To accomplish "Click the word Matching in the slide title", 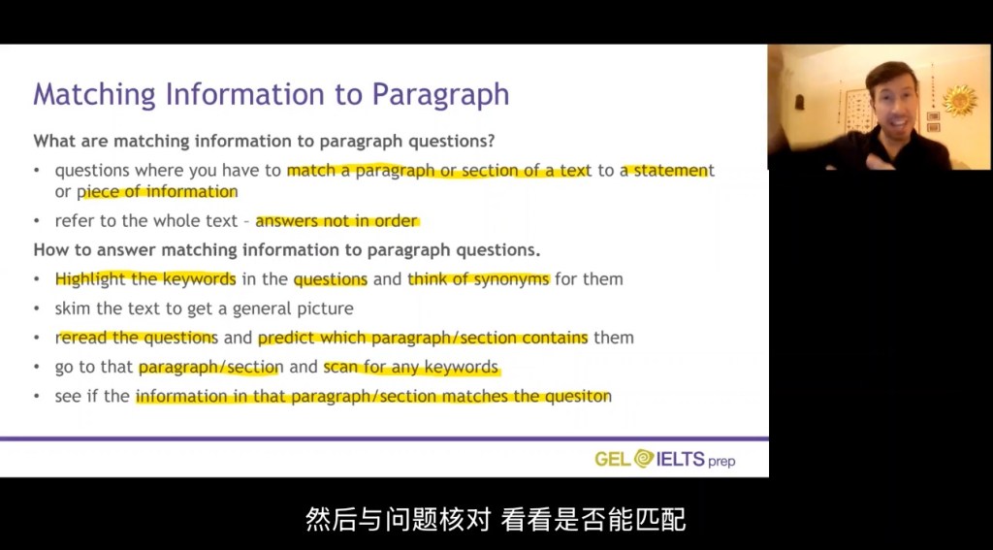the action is [94, 94].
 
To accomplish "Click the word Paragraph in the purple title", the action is [440, 94].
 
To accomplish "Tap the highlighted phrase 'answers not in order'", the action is [336, 221].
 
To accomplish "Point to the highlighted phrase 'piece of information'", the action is [157, 191].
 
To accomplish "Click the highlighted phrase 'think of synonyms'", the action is [479, 279].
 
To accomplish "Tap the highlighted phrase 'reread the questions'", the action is [137, 338].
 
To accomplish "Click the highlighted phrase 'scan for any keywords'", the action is [411, 367].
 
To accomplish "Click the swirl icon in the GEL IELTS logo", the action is [644, 458].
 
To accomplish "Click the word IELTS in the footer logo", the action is [681, 458].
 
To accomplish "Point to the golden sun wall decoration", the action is [959, 100].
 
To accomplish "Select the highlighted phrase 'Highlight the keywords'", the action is [145, 279].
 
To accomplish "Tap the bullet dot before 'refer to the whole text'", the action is [38, 222].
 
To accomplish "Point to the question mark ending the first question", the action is [491, 141].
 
